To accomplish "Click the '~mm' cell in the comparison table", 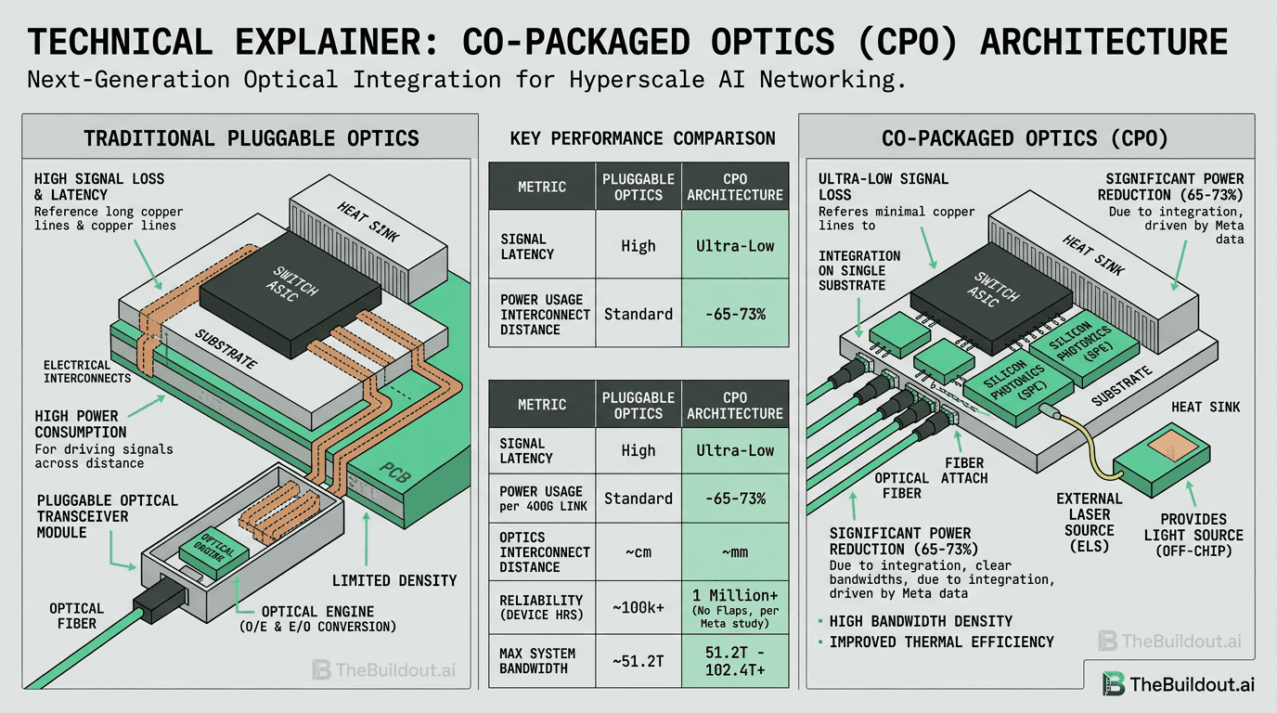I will pyautogui.click(x=734, y=551).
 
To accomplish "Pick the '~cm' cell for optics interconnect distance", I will pyautogui.click(x=638, y=551).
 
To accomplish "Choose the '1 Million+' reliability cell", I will pyautogui.click(x=734, y=607).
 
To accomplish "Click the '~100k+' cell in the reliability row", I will pyautogui.click(x=638, y=608).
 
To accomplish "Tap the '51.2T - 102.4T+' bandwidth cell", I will pyautogui.click(x=734, y=661).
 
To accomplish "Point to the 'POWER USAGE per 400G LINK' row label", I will pyautogui.click(x=542, y=499).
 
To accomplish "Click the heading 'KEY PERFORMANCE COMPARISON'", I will pyautogui.click(x=642, y=139).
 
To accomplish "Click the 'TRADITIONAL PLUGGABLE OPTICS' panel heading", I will pyautogui.click(x=251, y=139).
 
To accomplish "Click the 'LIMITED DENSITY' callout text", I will pyautogui.click(x=394, y=580).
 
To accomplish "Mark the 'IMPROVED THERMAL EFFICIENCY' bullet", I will pyautogui.click(x=941, y=642).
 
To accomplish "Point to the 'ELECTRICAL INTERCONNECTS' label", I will pyautogui.click(x=87, y=371).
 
